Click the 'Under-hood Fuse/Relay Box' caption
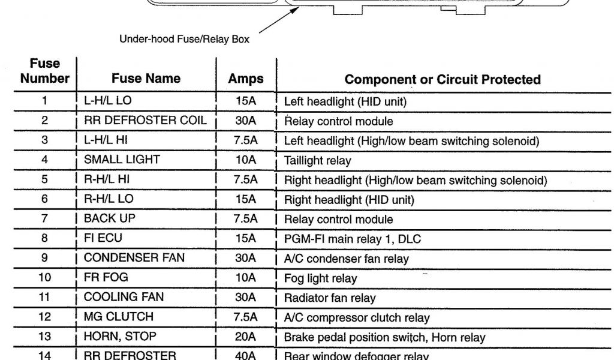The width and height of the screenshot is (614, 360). [184, 40]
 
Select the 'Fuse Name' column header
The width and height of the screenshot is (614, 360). [146, 79]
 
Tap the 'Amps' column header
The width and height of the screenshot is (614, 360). [246, 79]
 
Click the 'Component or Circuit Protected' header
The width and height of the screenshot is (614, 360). [443, 79]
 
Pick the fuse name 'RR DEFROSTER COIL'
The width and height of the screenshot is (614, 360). [145, 120]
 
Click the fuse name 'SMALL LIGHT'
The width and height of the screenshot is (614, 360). [122, 160]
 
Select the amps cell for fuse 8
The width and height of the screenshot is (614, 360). [246, 238]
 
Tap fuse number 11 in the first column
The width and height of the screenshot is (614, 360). [44, 297]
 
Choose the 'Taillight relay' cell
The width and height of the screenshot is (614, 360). [317, 161]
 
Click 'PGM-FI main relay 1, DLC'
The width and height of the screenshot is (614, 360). [352, 239]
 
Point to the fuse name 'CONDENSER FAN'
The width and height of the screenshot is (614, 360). [134, 258]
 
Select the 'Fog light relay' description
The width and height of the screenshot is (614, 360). [320, 278]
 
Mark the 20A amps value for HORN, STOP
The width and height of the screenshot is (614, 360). [246, 337]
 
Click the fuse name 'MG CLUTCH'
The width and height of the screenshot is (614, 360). [119, 317]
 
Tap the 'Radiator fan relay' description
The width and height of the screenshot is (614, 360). [330, 298]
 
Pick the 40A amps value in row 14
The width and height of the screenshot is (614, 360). [246, 355]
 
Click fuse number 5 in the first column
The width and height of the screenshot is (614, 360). [44, 179]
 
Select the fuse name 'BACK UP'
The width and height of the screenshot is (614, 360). [110, 218]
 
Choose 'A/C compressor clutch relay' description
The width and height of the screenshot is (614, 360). [357, 318]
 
